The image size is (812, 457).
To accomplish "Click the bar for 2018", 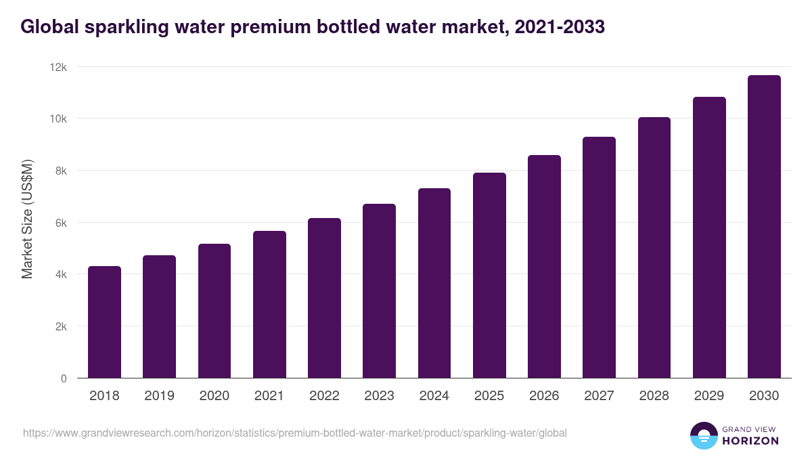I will pyautogui.click(x=104, y=322).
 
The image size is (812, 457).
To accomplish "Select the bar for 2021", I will pyautogui.click(x=269, y=305).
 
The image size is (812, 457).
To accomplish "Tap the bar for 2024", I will pyautogui.click(x=434, y=283).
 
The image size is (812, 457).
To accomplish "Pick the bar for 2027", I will pyautogui.click(x=599, y=257).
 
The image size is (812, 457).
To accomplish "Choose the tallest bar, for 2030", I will pyautogui.click(x=764, y=227).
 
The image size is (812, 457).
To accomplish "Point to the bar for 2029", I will pyautogui.click(x=709, y=238).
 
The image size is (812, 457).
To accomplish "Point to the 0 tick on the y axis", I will pyautogui.click(x=64, y=378).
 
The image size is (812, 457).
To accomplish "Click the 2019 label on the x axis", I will pyautogui.click(x=159, y=396).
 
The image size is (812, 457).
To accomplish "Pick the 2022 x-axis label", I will pyautogui.click(x=324, y=396).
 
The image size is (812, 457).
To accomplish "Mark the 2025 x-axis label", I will pyautogui.click(x=489, y=396).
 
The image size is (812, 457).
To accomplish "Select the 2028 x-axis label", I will pyautogui.click(x=654, y=396).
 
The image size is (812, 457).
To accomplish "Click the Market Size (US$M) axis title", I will pyautogui.click(x=27, y=219).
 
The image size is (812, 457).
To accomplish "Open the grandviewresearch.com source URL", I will pyautogui.click(x=294, y=433).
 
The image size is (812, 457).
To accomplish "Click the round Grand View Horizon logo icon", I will pyautogui.click(x=703, y=435).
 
